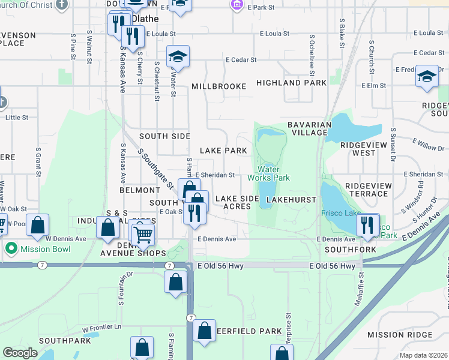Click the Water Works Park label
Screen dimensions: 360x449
(274, 173)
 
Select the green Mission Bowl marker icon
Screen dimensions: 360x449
(10, 248)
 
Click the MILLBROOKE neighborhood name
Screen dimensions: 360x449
(218, 86)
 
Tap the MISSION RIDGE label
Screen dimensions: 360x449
(399, 335)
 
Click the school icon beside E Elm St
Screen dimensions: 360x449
(427, 76)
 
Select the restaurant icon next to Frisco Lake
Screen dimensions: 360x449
(367, 225)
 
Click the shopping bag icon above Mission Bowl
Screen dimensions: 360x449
(38, 226)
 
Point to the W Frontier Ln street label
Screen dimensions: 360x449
(101, 328)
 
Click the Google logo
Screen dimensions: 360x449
(20, 353)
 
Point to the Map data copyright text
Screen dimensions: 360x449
(423, 355)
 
